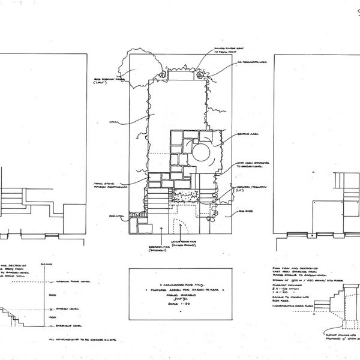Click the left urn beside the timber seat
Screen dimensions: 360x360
[x=163, y=75]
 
